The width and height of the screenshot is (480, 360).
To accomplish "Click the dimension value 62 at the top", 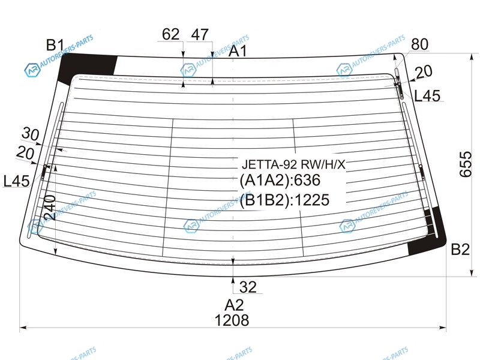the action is (x=170, y=34).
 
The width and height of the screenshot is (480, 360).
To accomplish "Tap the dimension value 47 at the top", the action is (x=200, y=34).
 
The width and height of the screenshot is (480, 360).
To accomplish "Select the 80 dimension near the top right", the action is (x=419, y=44).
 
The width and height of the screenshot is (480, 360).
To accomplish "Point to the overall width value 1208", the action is (x=232, y=320).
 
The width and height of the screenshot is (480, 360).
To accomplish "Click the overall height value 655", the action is (x=466, y=164).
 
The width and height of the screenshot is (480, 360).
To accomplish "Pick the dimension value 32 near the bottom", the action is (x=248, y=287).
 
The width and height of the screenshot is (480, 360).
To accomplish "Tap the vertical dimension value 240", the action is (x=50, y=208).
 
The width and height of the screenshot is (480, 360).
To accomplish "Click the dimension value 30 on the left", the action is (x=31, y=134).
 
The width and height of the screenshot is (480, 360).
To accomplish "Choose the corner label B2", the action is (x=460, y=249).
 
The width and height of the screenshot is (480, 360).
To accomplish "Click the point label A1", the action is (x=238, y=51).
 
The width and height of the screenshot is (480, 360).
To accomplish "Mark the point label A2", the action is (x=234, y=305).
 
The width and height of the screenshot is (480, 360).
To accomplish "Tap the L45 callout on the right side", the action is (x=427, y=96).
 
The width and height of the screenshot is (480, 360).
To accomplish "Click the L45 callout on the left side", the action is (x=17, y=181).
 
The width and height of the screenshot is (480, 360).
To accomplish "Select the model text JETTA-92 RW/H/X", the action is (x=293, y=164).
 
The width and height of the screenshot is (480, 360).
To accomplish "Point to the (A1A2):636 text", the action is (x=280, y=180).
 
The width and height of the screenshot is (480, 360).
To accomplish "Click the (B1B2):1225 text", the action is (x=284, y=200).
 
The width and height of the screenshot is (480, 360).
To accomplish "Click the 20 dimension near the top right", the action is (x=424, y=71).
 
